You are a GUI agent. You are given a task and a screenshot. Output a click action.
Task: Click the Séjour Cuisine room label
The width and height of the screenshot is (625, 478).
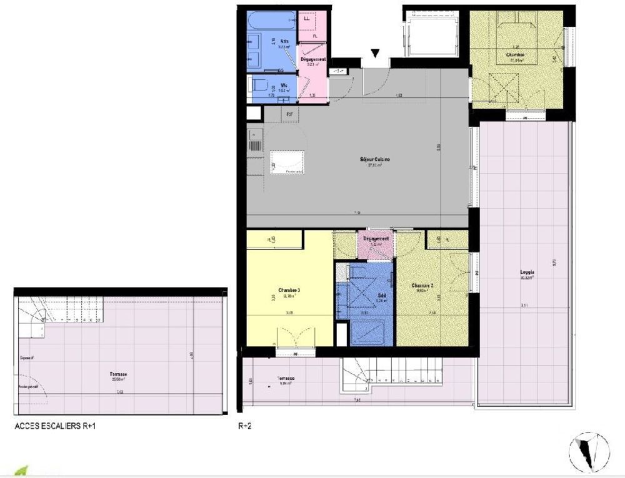(x=374, y=160)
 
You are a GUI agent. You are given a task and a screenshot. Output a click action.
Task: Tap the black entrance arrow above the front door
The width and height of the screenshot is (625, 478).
(x=374, y=55)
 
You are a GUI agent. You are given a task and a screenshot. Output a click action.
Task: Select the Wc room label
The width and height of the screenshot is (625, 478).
(x=284, y=85)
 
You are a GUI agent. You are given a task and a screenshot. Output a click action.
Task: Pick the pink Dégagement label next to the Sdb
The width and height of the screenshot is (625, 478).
(x=312, y=59)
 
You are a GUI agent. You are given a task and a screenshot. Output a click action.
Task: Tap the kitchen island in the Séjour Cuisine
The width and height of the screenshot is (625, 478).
(x=287, y=161)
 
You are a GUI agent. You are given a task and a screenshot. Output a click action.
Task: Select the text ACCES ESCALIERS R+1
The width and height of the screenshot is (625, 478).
(x=55, y=427)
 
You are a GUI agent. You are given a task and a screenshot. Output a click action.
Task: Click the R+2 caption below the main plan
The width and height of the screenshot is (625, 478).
(x=245, y=427)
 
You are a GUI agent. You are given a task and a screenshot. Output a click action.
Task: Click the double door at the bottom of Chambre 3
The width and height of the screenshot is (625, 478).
(x=289, y=340)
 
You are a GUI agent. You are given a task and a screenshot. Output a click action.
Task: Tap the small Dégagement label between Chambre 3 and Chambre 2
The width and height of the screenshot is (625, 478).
(x=376, y=238)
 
